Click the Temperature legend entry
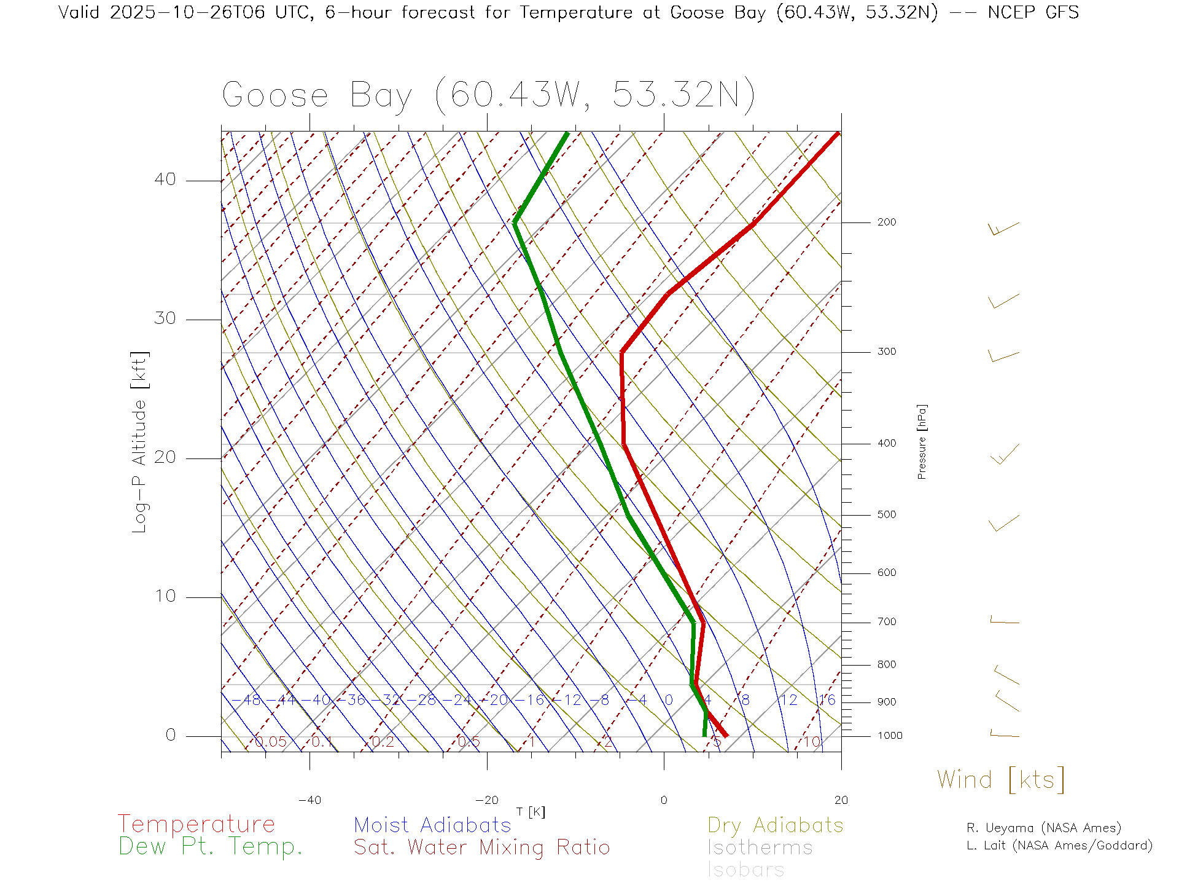196,824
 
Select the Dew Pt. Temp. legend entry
211,847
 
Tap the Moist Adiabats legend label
432,825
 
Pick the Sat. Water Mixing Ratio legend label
481,848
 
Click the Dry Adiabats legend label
775,825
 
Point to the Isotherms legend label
760,848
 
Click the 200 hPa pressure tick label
887,222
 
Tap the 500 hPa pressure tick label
887,515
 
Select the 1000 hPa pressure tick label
890,736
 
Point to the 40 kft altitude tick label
165,179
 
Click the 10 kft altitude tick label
165,596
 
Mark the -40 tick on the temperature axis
309,800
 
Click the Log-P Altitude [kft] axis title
140,442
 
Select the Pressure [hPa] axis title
922,441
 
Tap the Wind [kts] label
1001,780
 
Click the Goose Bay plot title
488,95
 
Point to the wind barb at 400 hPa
1005,455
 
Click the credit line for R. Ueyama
1043,828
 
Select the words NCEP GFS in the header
1033,12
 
